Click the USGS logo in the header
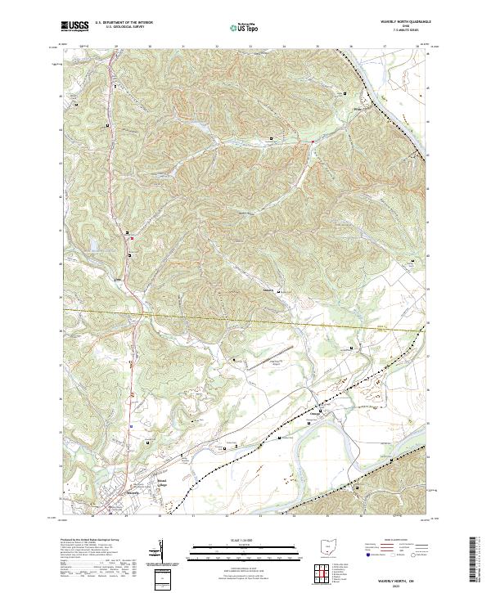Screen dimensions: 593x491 coord(75,26)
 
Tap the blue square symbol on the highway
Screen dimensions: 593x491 coord(131,425)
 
